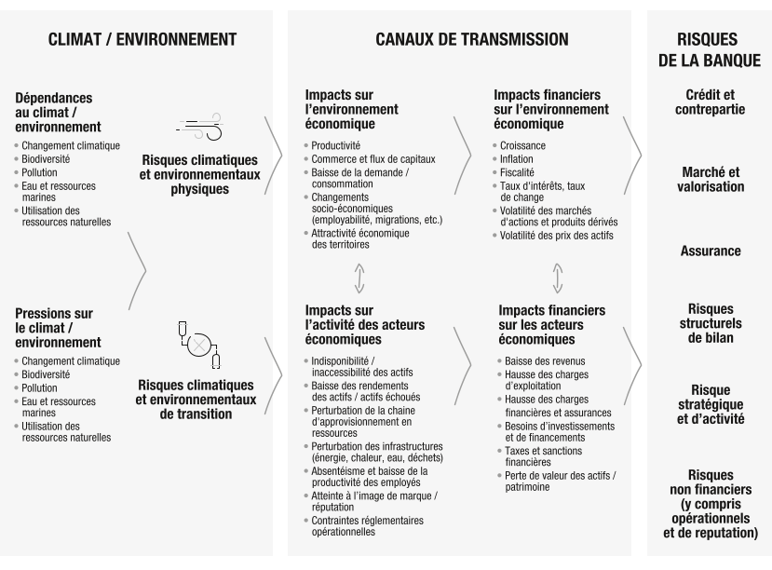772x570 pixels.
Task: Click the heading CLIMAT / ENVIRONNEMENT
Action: coord(142,39)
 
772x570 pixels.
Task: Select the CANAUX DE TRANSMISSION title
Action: coord(459,39)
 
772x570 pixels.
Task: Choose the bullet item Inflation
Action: coord(517,159)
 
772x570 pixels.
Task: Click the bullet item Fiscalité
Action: coord(517,172)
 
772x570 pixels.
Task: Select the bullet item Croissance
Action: coord(522,146)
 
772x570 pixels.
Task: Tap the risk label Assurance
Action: coord(711,251)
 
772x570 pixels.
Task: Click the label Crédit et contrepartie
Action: coord(710,102)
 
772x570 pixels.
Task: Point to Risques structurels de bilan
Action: coord(711,323)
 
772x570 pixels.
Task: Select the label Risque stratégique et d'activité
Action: coord(711,404)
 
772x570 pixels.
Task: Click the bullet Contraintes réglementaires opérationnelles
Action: coord(367,526)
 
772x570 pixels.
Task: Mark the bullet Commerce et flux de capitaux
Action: coord(372,159)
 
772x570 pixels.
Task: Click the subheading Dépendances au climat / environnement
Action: coord(60,112)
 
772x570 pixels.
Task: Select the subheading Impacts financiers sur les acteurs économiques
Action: coord(551,324)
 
